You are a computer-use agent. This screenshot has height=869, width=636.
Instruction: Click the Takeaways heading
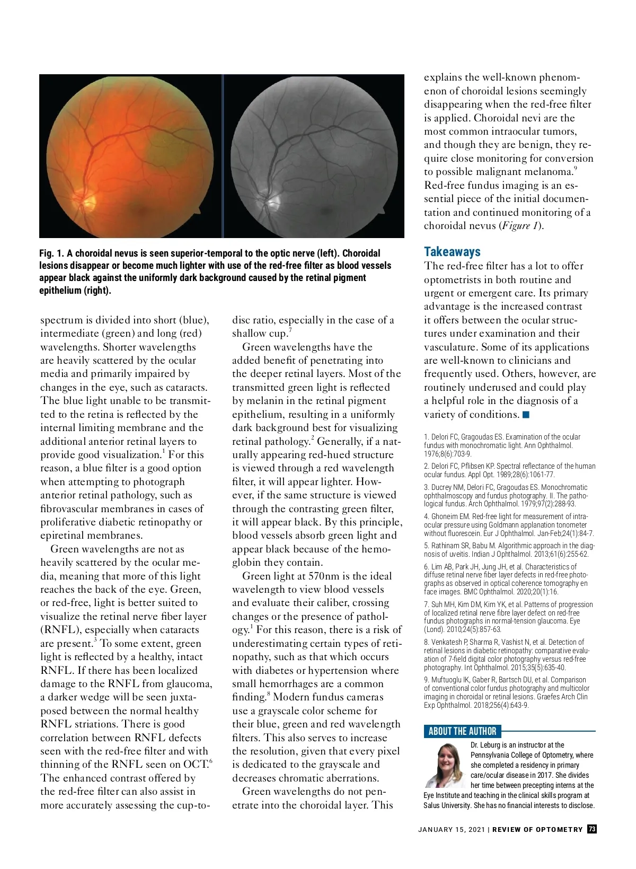452,252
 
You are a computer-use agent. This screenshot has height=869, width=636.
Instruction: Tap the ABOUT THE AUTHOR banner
462,731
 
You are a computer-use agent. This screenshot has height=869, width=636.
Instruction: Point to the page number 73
592,829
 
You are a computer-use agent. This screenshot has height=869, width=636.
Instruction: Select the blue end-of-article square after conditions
526,415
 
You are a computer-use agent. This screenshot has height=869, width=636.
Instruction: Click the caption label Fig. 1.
51,253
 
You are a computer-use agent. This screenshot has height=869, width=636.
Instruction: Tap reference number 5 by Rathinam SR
426,546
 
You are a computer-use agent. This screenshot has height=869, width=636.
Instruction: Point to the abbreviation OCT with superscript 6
197,765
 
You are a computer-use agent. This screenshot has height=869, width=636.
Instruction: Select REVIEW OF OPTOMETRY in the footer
537,829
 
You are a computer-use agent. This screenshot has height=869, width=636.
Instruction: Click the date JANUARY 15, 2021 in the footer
451,829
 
